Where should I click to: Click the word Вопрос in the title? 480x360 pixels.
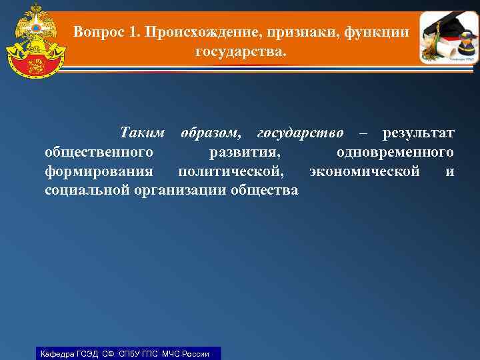[100, 31]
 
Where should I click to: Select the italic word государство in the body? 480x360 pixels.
[300, 133]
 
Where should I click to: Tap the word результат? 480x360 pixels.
[418, 133]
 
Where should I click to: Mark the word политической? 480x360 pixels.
[231, 171]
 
